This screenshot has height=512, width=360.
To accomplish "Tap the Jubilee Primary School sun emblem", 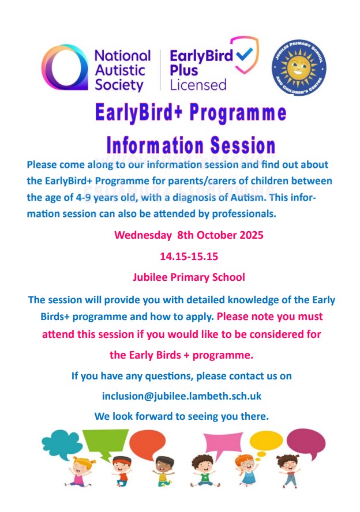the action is tap(299, 68).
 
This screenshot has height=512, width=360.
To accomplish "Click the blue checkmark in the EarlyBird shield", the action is tap(244, 54).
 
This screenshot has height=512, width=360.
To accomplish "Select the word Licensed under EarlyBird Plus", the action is tap(198, 85).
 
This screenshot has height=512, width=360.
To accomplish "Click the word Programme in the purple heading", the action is tap(238, 112).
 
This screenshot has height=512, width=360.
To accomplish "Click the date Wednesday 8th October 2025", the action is tap(189, 235).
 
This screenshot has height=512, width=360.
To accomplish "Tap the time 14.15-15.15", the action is tap(189, 257).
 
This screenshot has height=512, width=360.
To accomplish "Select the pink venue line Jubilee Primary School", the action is tap(189, 277).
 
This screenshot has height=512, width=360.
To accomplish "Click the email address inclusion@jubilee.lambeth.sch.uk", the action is tap(182, 396).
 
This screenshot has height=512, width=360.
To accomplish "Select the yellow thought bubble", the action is tap(266, 441).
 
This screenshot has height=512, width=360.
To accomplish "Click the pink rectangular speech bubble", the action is tap(223, 442).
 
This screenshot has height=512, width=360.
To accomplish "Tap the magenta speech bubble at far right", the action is tap(306, 442).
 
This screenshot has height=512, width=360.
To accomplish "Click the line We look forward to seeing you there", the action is tap(182, 416).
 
